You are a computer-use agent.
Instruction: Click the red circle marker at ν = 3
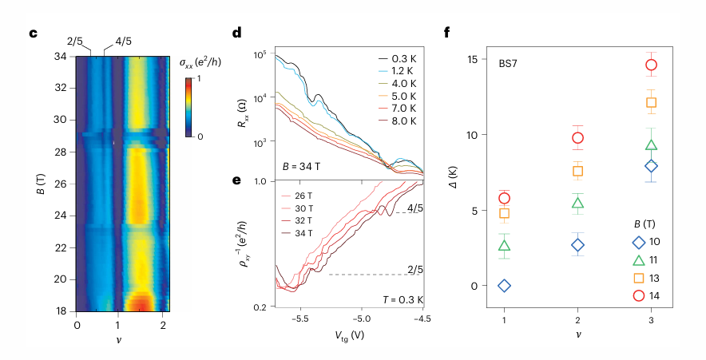click(x=651, y=65)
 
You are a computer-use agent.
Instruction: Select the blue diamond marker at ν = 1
click(x=505, y=286)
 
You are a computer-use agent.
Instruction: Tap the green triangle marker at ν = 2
click(x=577, y=203)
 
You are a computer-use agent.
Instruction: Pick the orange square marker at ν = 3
click(x=651, y=102)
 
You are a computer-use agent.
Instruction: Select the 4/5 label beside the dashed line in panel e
click(x=416, y=209)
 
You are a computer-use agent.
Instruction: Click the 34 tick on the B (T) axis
click(x=61, y=57)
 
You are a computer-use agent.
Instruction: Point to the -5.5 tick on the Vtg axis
click(x=300, y=316)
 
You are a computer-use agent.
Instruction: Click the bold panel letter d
click(x=237, y=34)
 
